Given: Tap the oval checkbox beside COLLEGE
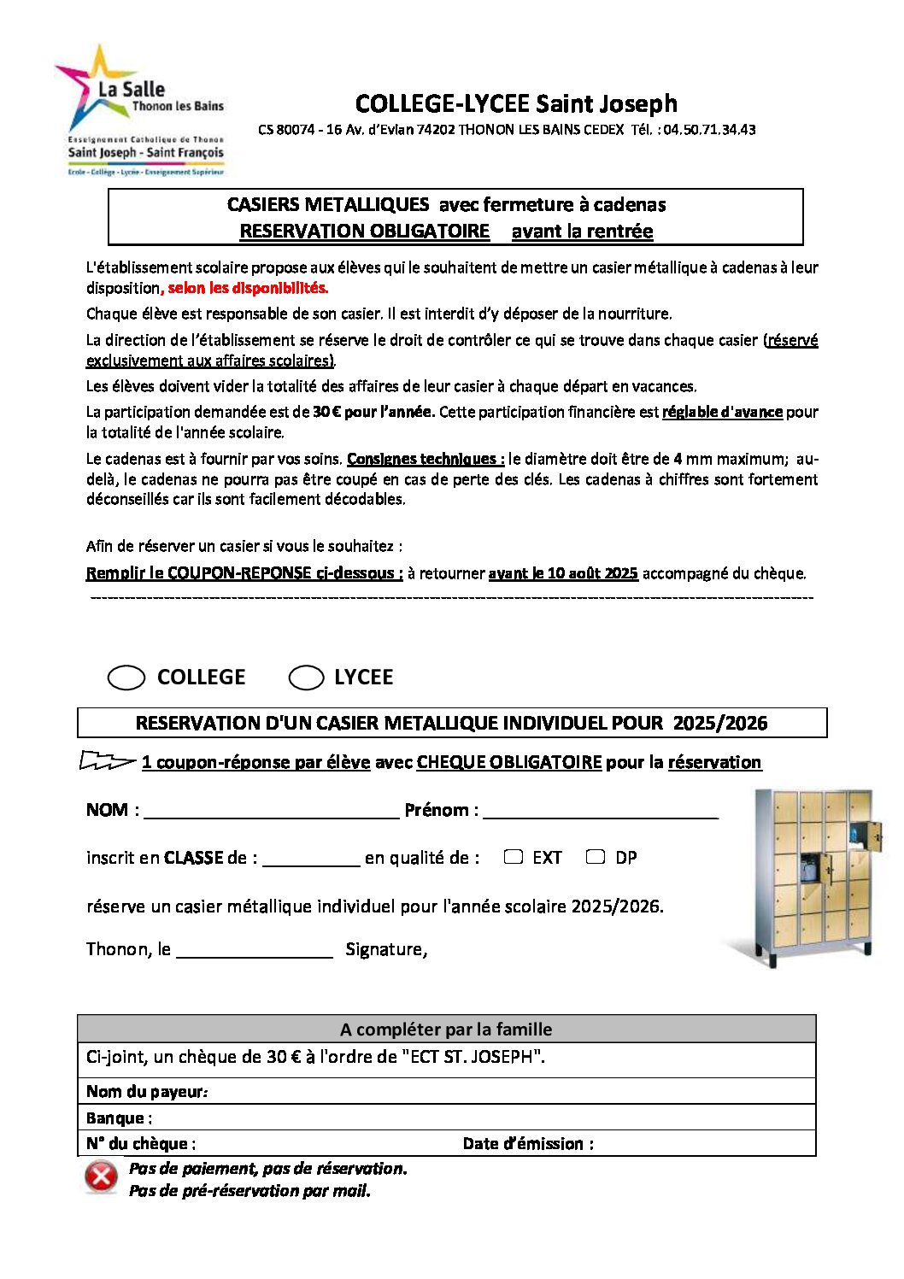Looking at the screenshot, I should tap(126, 678).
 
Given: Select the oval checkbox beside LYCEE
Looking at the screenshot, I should tap(306, 678).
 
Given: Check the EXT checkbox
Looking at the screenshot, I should tap(513, 857).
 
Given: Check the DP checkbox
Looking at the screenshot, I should tap(596, 857).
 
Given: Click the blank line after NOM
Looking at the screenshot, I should tap(271, 811).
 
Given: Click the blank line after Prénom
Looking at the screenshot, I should tap(600, 811).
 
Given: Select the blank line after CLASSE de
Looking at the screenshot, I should tap(311, 859).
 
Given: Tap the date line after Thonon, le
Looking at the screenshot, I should tap(254, 950).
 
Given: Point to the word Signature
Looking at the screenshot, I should tap(385, 949).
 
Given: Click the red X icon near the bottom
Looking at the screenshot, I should tap(101, 1177).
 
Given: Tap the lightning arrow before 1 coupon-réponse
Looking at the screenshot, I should tap(107, 760).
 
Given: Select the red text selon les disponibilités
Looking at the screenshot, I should tap(248, 288).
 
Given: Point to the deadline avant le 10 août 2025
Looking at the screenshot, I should tap(563, 573).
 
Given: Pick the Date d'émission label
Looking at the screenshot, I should tap(528, 1144).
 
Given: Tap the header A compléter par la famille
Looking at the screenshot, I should tap(446, 1030).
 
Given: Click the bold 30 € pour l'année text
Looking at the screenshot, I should tap(373, 412).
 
